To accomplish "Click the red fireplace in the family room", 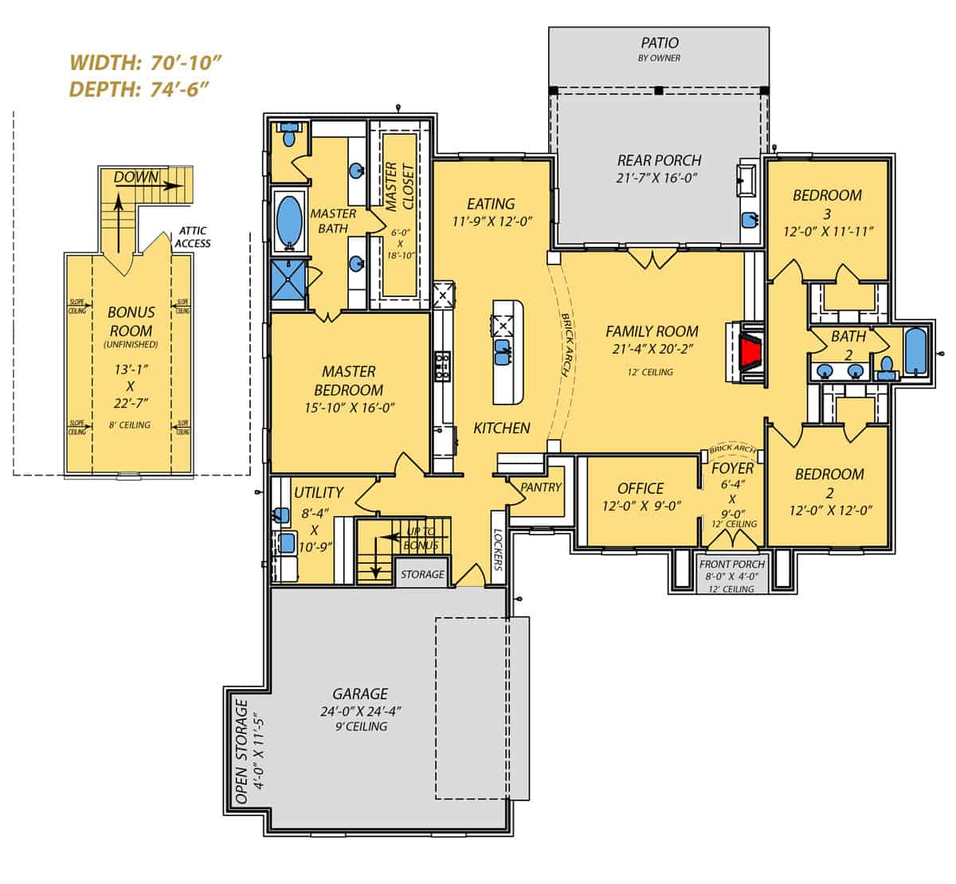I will (x=750, y=351).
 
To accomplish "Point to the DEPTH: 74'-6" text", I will (x=139, y=88).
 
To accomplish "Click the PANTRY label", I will (x=541, y=487).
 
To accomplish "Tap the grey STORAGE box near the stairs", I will (x=422, y=574).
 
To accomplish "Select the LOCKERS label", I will (x=499, y=550).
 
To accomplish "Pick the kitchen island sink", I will (x=503, y=351).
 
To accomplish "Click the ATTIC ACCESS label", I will (x=193, y=237).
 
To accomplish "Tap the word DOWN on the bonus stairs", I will (x=136, y=177).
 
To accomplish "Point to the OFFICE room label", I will (x=641, y=488).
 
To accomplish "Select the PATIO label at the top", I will (x=660, y=42).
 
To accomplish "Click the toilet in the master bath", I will (x=288, y=135).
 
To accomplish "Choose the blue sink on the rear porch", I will (x=749, y=219).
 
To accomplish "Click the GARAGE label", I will (x=360, y=694).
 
